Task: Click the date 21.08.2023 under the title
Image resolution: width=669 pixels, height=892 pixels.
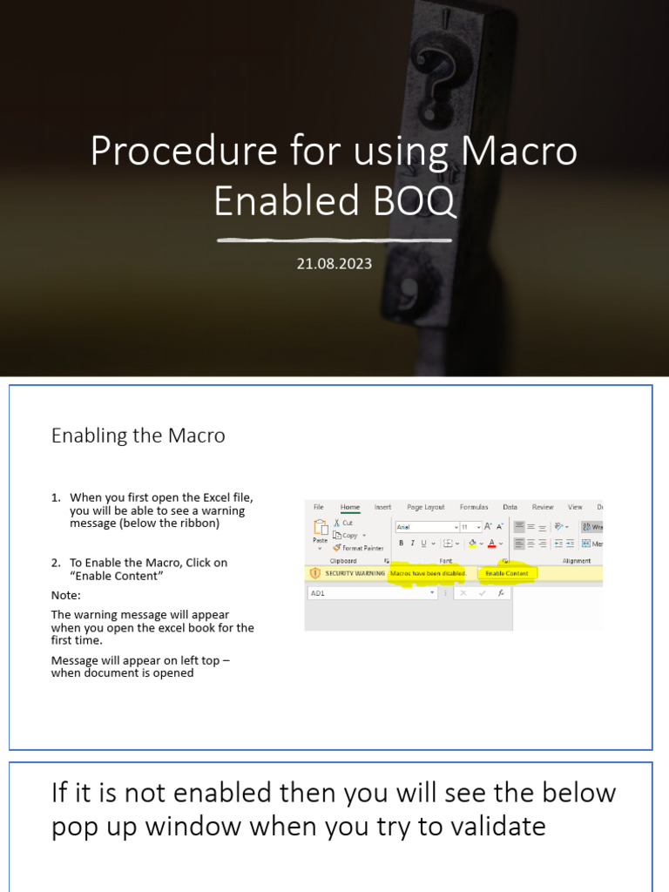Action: pos(334,263)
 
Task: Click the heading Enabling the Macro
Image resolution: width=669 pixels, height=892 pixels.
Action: pos(138,436)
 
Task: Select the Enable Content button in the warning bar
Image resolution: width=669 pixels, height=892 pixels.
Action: pos(507,573)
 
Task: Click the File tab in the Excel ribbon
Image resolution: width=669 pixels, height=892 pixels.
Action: pos(318,507)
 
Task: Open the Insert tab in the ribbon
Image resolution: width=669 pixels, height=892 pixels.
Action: pos(382,507)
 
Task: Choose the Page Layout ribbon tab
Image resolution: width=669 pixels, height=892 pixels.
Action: pos(425,507)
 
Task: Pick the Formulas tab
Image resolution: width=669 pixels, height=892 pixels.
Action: pos(474,507)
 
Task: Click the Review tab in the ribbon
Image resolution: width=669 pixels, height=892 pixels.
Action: pos(543,507)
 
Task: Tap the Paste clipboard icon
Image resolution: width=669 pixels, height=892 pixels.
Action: pos(320,529)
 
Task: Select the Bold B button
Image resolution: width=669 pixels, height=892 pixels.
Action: pos(401,544)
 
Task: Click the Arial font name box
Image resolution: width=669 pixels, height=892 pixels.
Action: pos(424,527)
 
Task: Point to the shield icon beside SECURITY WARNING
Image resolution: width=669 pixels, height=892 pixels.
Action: pos(314,573)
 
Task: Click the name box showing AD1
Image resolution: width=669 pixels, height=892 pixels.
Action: pos(370,592)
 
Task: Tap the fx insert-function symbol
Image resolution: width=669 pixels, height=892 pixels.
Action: pos(501,592)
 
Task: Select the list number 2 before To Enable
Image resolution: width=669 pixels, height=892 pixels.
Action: pos(56,563)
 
